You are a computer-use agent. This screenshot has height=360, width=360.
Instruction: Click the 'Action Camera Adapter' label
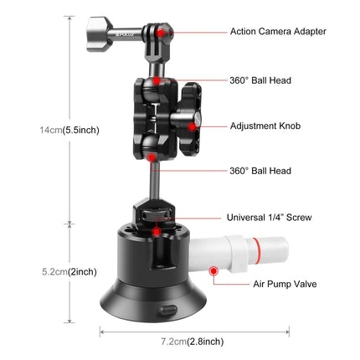[x=278, y=32]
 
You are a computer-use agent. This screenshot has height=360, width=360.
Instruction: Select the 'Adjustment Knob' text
[x=265, y=126]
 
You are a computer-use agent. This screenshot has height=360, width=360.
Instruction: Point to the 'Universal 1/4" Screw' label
[x=270, y=217]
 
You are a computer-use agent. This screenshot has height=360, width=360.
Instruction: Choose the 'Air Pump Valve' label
[x=285, y=284]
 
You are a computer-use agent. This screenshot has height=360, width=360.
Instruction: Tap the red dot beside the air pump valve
[x=214, y=271]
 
